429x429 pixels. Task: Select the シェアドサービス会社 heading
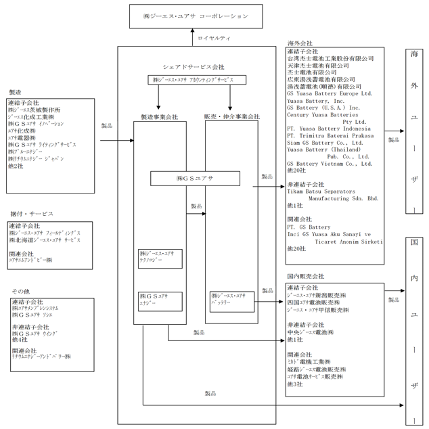[194, 67]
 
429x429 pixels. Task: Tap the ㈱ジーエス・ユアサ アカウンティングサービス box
[194, 80]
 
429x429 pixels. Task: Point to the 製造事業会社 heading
[159, 117]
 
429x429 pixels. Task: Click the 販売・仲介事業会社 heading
[231, 117]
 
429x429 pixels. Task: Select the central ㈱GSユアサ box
[195, 178]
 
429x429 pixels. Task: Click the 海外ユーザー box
[414, 131]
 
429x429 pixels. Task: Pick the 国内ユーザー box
[414, 331]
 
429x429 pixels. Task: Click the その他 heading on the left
[21, 291]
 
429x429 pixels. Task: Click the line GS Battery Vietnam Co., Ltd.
[330, 164]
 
